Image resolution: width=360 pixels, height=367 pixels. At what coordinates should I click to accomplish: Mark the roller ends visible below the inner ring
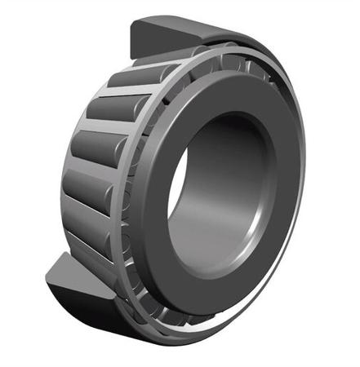[x=163, y=310]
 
